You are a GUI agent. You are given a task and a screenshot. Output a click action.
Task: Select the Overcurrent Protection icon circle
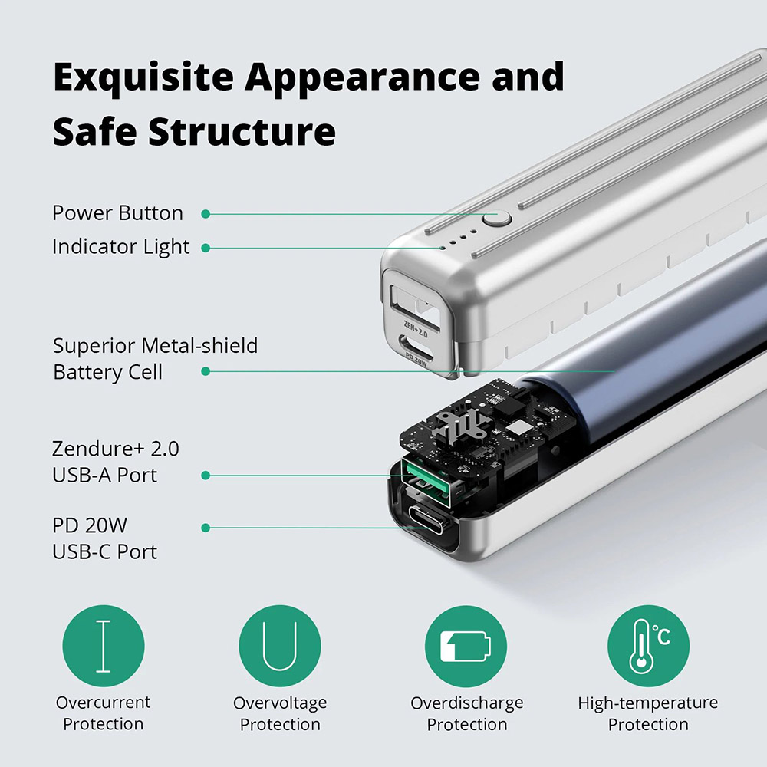tap(103, 646)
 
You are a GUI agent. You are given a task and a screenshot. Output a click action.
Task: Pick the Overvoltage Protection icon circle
tap(279, 646)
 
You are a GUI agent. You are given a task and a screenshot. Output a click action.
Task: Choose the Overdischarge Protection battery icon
tap(466, 646)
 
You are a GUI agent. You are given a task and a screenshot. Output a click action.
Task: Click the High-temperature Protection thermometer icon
tap(648, 646)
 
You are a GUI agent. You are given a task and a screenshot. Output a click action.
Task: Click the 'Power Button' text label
tap(117, 213)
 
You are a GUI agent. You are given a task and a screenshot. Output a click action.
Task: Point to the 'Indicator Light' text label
tap(120, 247)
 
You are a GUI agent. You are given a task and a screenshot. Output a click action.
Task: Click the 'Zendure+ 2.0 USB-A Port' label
tap(115, 462)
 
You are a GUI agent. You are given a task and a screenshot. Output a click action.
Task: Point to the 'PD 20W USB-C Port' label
tap(104, 539)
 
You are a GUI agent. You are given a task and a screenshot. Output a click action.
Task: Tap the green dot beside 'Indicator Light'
tap(206, 248)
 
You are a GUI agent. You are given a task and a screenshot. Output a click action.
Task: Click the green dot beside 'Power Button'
tap(206, 214)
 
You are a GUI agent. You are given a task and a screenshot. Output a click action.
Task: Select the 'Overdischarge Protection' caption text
tap(466, 713)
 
